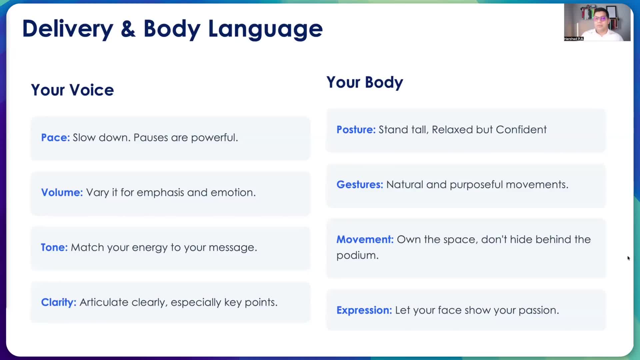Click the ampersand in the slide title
click(x=128, y=29)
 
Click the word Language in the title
click(x=265, y=29)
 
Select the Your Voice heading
click(x=72, y=90)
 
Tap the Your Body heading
click(x=365, y=82)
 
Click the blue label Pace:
click(x=55, y=137)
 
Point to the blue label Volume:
click(x=62, y=192)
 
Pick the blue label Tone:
click(x=54, y=247)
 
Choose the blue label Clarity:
click(x=59, y=302)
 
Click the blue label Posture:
click(x=356, y=129)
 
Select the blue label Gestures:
click(x=360, y=184)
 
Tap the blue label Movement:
click(x=365, y=239)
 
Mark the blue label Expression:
click(x=364, y=310)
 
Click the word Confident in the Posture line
click(x=521, y=129)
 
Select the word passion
click(x=539, y=311)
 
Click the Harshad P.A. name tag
click(x=574, y=39)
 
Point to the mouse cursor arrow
click(x=628, y=258)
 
